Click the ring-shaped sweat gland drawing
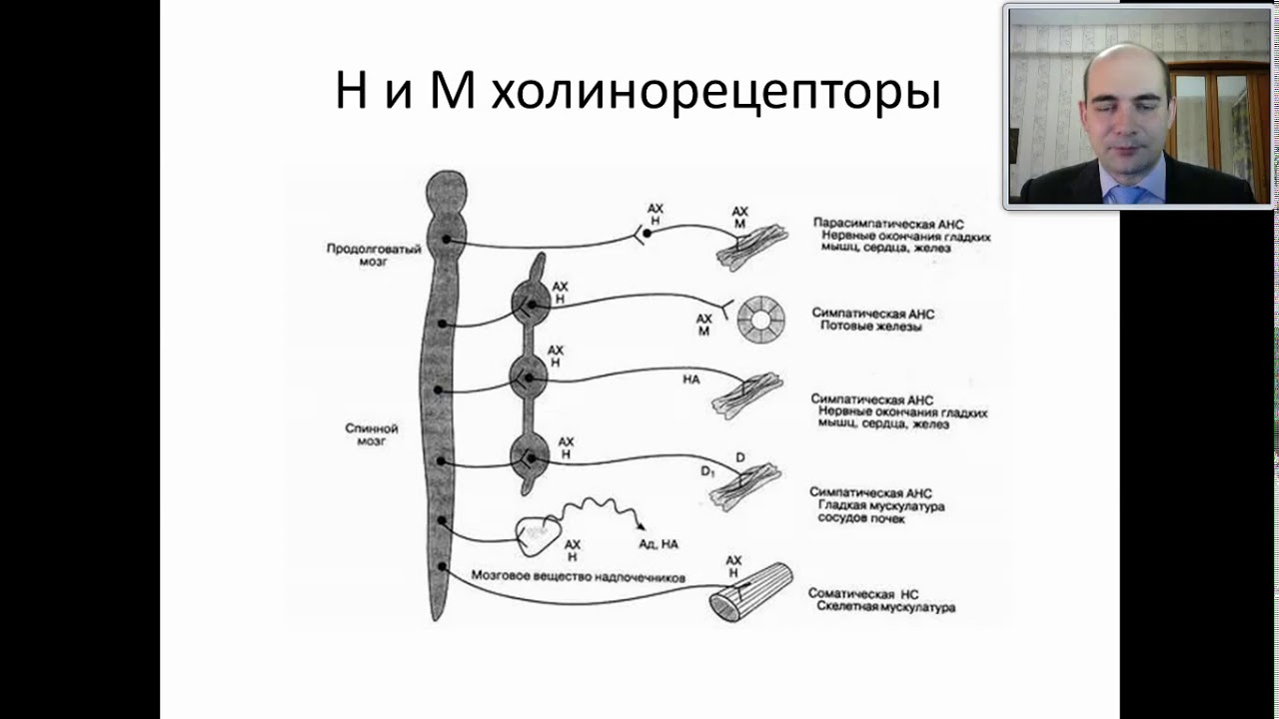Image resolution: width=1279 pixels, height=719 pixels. click(761, 321)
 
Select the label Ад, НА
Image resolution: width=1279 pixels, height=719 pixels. click(658, 544)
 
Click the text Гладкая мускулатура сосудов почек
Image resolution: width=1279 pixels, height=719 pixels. click(880, 512)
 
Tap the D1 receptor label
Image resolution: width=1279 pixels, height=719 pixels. click(707, 470)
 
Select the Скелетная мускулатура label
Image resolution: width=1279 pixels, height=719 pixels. click(885, 607)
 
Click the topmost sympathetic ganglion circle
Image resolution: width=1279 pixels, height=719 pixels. click(530, 307)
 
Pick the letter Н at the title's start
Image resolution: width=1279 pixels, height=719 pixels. click(351, 94)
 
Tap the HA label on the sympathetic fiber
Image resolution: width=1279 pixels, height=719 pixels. click(690, 379)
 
